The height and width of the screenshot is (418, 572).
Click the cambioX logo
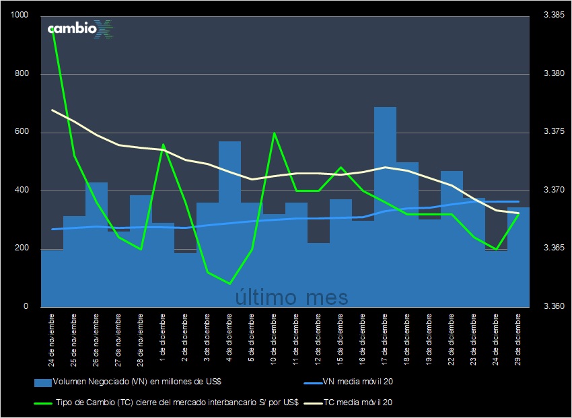80,30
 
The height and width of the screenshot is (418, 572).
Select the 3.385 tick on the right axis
553,15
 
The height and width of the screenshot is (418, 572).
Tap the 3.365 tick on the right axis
553,249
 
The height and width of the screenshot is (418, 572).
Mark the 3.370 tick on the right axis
553,190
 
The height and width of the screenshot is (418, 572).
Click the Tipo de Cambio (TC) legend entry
165,403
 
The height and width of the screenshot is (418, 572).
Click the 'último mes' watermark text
291,296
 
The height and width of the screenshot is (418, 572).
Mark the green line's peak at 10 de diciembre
274,133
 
